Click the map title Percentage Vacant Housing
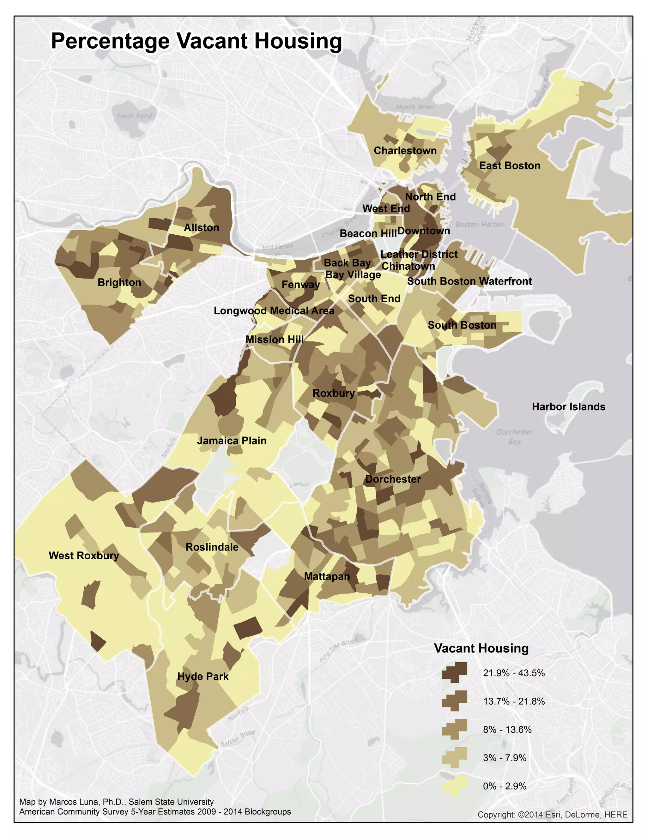tap(196, 41)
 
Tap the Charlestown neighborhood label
tap(405, 151)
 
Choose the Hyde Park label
tap(203, 677)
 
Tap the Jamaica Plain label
tap(232, 441)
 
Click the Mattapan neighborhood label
tap(327, 576)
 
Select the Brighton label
tap(119, 282)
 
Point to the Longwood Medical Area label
tap(274, 311)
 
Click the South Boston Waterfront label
tap(469, 281)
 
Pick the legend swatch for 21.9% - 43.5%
tap(455, 672)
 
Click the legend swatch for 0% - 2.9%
tap(455, 786)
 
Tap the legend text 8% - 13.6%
tap(507, 729)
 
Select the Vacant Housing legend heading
tap(481, 648)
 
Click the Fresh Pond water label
tap(134, 116)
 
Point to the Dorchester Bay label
tap(514, 437)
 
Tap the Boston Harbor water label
tap(480, 224)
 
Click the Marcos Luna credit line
tap(117, 802)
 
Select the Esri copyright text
tap(552, 814)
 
